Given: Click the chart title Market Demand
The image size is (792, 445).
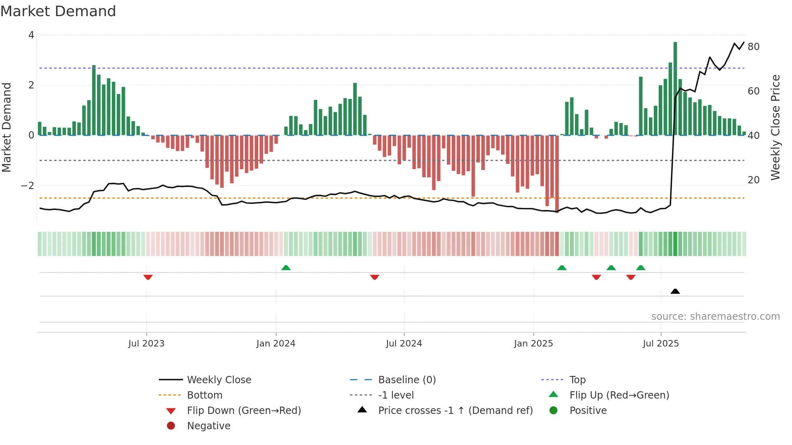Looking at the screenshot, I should click(x=58, y=11).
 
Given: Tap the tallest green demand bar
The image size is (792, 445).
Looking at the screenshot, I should click(x=675, y=89).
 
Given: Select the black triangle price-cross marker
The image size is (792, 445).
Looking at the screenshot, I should click(x=675, y=291).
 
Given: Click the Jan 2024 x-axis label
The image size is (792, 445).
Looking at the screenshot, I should click(x=276, y=344).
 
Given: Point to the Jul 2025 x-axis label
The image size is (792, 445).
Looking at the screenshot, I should click(x=661, y=344).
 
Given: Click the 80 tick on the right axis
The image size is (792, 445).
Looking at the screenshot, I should click(x=754, y=47).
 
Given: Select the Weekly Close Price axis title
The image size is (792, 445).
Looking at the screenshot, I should click(x=775, y=127).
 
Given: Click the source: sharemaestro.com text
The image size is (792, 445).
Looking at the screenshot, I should click(x=715, y=317).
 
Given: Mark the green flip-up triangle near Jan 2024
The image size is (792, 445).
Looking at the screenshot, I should click(x=286, y=268).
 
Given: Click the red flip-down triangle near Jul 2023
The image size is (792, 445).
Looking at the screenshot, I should click(x=148, y=277).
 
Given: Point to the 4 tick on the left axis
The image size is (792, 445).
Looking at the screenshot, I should click(x=31, y=35).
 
